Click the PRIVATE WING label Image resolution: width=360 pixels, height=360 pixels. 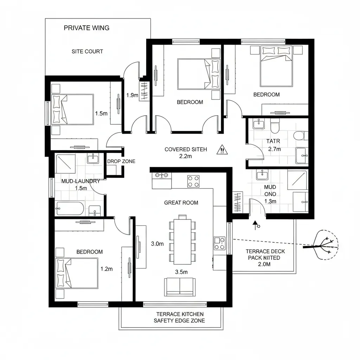click(86, 28)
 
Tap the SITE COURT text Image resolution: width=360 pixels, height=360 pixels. click(87, 51)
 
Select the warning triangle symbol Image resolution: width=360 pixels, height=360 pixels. click(222, 150)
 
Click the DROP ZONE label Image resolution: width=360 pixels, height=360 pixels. click(121, 161)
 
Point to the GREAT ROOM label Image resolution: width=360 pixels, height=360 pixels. click(181, 203)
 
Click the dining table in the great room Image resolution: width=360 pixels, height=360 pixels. click(182, 242)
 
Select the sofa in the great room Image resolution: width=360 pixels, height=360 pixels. click(180, 287)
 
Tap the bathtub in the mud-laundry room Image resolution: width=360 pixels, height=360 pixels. click(70, 208)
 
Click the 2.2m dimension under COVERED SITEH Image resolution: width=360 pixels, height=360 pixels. click(186, 156)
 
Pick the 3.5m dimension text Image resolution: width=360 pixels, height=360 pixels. click(181, 272)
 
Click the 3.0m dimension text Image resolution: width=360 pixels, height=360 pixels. click(157, 244)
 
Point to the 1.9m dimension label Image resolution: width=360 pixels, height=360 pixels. click(132, 95)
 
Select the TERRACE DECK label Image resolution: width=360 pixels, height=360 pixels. click(265, 251)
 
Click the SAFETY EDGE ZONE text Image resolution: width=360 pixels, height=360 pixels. click(179, 321)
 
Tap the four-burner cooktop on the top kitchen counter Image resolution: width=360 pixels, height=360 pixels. click(193, 181)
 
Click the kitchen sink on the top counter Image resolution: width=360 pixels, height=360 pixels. click(162, 175)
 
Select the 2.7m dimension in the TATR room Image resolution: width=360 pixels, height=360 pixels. click(275, 149)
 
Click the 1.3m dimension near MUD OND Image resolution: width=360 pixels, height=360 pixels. click(270, 201)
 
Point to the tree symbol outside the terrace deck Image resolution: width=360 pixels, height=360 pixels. click(323, 245)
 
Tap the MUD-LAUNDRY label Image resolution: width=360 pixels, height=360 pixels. click(81, 181)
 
